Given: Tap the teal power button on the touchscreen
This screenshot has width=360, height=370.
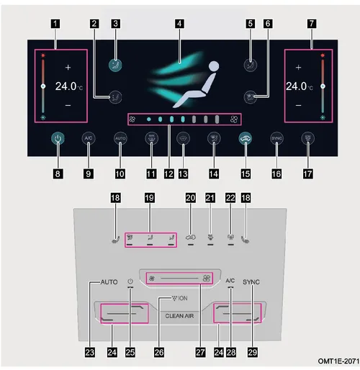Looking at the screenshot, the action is [x=58, y=138].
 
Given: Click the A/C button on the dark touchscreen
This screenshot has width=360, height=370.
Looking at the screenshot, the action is [x=89, y=138].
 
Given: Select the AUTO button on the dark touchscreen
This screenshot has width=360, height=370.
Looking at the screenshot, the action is [x=120, y=138].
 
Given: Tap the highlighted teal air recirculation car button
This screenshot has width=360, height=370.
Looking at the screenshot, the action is [x=246, y=138].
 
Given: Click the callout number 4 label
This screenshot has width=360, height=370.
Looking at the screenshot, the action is [x=179, y=24].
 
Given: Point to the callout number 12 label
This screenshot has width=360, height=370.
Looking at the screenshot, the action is [x=169, y=173].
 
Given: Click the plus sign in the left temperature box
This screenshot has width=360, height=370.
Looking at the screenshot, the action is [x=68, y=68].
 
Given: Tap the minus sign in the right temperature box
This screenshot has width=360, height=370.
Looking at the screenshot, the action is [x=298, y=105].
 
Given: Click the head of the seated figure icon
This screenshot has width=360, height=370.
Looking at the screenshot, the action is [x=214, y=66].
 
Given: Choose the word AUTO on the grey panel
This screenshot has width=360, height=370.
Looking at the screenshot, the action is [x=109, y=282].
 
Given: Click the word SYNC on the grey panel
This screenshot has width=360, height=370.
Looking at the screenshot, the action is [x=251, y=282].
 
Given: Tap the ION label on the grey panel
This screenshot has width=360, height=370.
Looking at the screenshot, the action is [x=183, y=298].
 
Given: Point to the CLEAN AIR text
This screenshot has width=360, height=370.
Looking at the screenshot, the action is [x=179, y=316].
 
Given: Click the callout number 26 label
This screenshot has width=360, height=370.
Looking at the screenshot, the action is [x=159, y=352].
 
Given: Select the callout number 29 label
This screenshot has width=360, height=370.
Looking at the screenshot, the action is [x=253, y=352].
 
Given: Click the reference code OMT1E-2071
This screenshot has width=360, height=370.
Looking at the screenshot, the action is [x=338, y=361].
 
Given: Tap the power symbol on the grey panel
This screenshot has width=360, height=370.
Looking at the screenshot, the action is [x=130, y=281].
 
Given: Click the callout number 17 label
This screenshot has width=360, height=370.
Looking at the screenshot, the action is [x=308, y=173].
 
